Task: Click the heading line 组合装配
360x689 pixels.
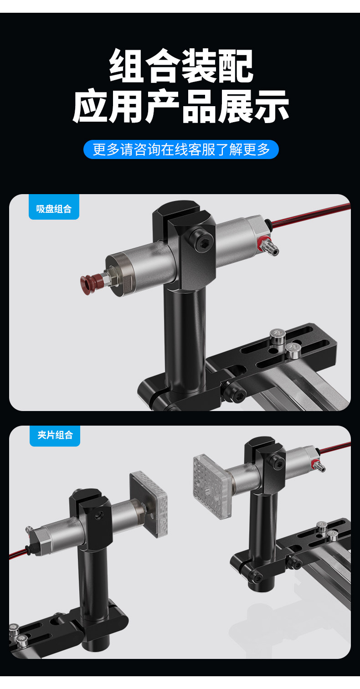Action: [181, 66]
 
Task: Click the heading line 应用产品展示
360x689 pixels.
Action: [180, 106]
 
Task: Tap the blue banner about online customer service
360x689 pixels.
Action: [181, 149]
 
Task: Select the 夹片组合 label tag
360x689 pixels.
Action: [55, 436]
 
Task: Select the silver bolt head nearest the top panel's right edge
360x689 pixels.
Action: [293, 351]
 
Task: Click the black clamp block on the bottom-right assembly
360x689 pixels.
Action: [267, 464]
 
